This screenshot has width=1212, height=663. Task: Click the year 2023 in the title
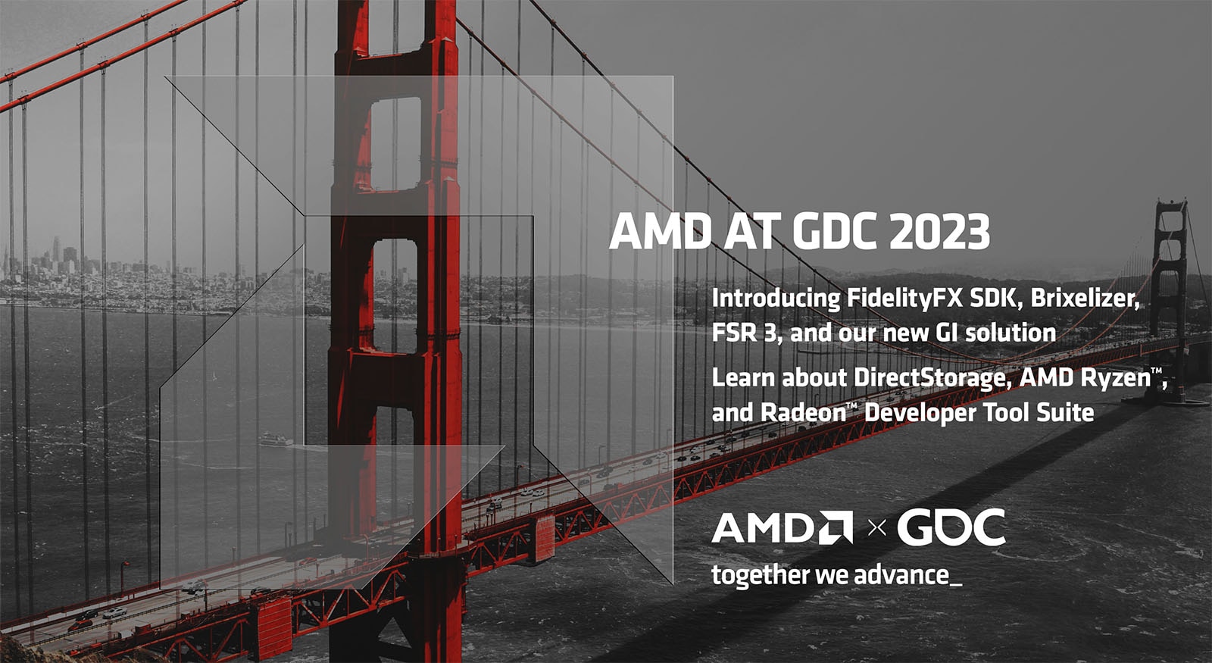pyautogui.click(x=939, y=232)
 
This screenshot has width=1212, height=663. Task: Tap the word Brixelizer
pyautogui.click(x=1084, y=298)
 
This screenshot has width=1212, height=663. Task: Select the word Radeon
pyautogui.click(x=802, y=413)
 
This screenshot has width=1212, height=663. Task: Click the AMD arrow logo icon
pyautogui.click(x=835, y=527)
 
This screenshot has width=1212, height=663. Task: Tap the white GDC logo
pyautogui.click(x=951, y=527)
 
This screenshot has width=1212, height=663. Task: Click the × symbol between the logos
pyautogui.click(x=876, y=528)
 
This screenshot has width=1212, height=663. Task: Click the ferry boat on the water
pyautogui.click(x=275, y=439)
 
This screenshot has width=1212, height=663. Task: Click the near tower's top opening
pyautogui.click(x=395, y=144)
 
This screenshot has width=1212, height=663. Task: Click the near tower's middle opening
pyautogui.click(x=395, y=296)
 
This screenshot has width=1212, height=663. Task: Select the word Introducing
pyautogui.click(x=776, y=298)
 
